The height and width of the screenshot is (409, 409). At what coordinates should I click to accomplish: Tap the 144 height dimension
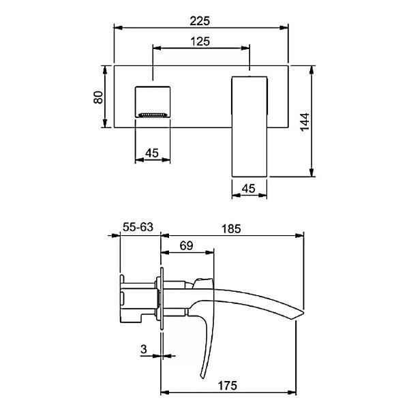(322, 121)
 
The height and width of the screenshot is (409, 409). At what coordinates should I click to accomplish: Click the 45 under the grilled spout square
(152, 153)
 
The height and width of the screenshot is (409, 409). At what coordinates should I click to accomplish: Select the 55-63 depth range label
(137, 228)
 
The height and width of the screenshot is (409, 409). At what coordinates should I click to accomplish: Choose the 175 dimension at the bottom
(228, 385)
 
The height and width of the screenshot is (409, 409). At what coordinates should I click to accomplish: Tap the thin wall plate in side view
(162, 300)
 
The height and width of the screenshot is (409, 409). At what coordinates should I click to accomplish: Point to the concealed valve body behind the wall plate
(138, 299)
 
